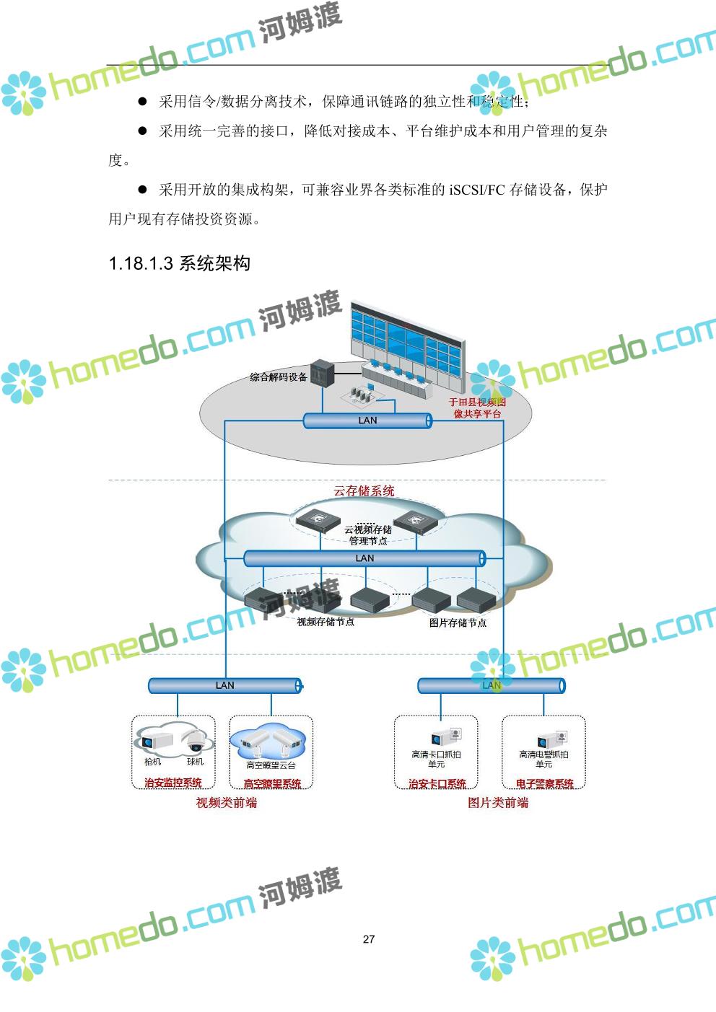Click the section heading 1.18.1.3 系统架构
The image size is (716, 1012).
tap(179, 263)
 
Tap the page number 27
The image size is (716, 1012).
tap(369, 938)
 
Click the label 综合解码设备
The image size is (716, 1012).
tap(279, 377)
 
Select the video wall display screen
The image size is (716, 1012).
tap(405, 340)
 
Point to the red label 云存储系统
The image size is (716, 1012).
tap(364, 491)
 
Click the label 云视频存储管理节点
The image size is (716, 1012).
tap(367, 535)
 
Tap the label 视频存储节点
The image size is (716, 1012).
tap(326, 622)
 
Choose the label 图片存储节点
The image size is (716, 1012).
tap(458, 622)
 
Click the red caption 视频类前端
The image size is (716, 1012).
tap(227, 803)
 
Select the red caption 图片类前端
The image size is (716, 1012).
tap(498, 803)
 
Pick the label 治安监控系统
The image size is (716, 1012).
tap(173, 783)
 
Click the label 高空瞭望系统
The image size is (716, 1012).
tap(272, 783)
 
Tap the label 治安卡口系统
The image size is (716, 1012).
tap(437, 783)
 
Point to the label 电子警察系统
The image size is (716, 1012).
tap(544, 783)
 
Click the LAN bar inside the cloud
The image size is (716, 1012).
tap(364, 558)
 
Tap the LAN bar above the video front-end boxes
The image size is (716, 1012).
tap(224, 685)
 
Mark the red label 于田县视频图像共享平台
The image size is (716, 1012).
tap(477, 408)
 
